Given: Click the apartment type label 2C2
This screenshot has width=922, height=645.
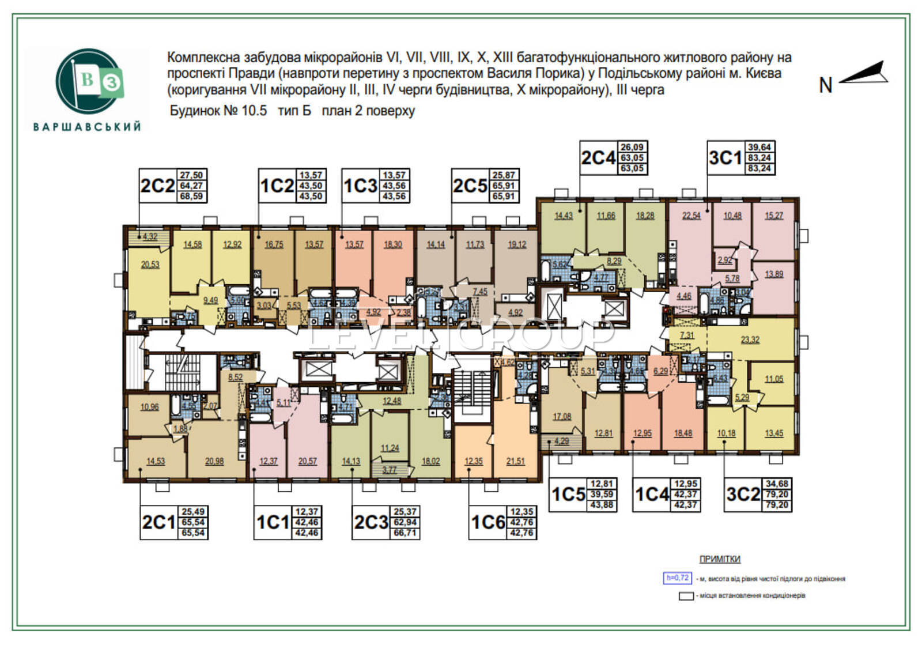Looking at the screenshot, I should (x=157, y=186).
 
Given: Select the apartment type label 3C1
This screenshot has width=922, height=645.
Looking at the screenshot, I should (x=725, y=157).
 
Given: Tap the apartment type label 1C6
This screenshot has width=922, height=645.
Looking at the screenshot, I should (x=488, y=522).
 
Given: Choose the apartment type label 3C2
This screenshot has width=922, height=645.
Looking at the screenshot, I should (x=743, y=495).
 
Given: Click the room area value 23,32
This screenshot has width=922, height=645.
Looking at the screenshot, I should (x=750, y=340).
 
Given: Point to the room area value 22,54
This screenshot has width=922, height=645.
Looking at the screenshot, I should (x=691, y=216).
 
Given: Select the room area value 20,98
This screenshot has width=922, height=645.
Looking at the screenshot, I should (x=214, y=461).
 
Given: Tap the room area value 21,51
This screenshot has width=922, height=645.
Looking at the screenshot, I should (x=515, y=461).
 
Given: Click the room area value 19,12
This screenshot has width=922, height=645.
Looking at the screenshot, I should (x=516, y=244).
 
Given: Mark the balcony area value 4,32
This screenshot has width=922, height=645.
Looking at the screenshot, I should (x=150, y=236).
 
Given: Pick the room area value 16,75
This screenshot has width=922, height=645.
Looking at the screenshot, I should (x=274, y=244).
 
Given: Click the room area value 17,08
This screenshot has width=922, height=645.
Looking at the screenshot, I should (x=562, y=416).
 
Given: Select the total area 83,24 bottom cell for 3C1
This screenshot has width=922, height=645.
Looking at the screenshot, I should (x=759, y=168).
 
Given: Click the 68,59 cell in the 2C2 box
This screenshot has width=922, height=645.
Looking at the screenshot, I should (x=192, y=196).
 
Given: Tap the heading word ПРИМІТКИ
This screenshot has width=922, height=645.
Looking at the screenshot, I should (x=720, y=559).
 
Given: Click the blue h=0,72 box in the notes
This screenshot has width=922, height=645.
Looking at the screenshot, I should (x=677, y=578).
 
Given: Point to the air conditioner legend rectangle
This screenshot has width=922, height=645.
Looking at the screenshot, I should (x=686, y=596).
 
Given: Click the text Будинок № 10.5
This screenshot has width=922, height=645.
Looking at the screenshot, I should (x=218, y=111).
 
